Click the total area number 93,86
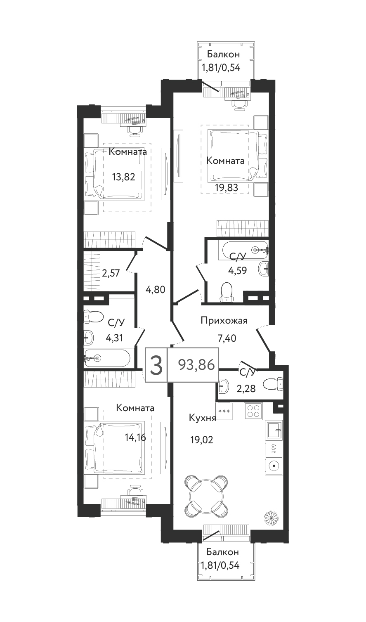[x=196, y=364]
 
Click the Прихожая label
[x=224, y=321]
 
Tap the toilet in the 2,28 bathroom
[x=273, y=384]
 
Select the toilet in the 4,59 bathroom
[x=226, y=292]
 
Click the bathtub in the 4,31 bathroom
[x=107, y=358]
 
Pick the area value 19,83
[x=227, y=188]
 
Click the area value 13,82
[x=123, y=177]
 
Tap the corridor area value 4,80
[x=156, y=290]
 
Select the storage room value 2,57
[x=111, y=273]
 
